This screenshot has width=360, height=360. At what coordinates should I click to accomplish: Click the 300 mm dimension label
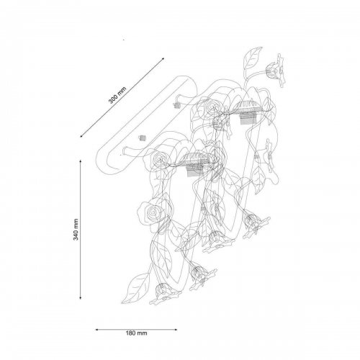coord(117,95)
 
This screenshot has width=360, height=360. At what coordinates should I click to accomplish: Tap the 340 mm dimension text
coord(76,230)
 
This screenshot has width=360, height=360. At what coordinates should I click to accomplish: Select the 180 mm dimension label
coord(137,333)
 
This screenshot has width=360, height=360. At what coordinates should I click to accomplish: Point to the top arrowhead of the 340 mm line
coord(81,161)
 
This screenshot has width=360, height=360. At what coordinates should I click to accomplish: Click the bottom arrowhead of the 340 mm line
coord(81,297)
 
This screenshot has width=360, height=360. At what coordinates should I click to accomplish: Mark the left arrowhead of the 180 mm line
coord(97,330)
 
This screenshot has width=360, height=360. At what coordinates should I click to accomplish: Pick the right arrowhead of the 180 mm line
coord(176,330)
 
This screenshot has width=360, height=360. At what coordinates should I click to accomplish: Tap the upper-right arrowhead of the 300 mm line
coord(163,59)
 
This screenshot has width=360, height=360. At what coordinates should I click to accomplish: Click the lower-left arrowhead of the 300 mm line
coord(82,136)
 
